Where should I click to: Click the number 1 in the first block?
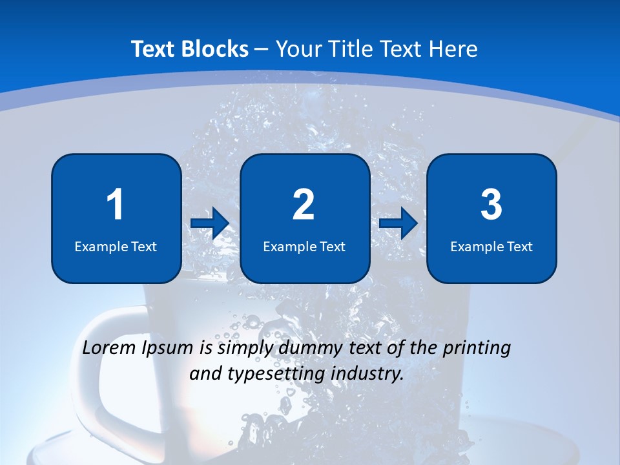pyautogui.click(x=115, y=205)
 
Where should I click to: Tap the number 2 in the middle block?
pyautogui.click(x=304, y=205)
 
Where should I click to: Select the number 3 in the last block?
pyautogui.click(x=491, y=205)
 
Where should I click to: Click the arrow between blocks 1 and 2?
pyautogui.click(x=210, y=223)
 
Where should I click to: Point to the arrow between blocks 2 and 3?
pyautogui.click(x=398, y=223)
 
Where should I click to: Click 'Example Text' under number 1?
pyautogui.click(x=116, y=246)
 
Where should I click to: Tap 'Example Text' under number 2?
pyautogui.click(x=304, y=246)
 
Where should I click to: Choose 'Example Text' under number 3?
pyautogui.click(x=491, y=246)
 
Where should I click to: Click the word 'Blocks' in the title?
pyautogui.click(x=214, y=49)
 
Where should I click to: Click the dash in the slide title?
pyautogui.click(x=262, y=49)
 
